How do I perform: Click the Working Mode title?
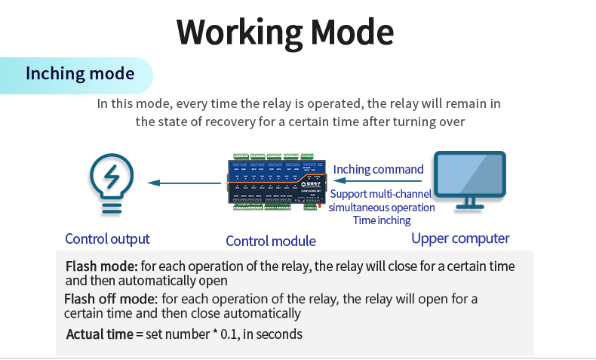(285, 32)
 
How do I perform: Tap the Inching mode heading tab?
(80, 74)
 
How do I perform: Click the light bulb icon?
(112, 183)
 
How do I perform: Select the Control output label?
(107, 239)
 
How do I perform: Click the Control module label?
(271, 242)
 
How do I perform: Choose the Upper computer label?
(460, 238)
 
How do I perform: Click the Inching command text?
(379, 169)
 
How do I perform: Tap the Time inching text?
(382, 220)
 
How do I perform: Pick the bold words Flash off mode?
(111, 299)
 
